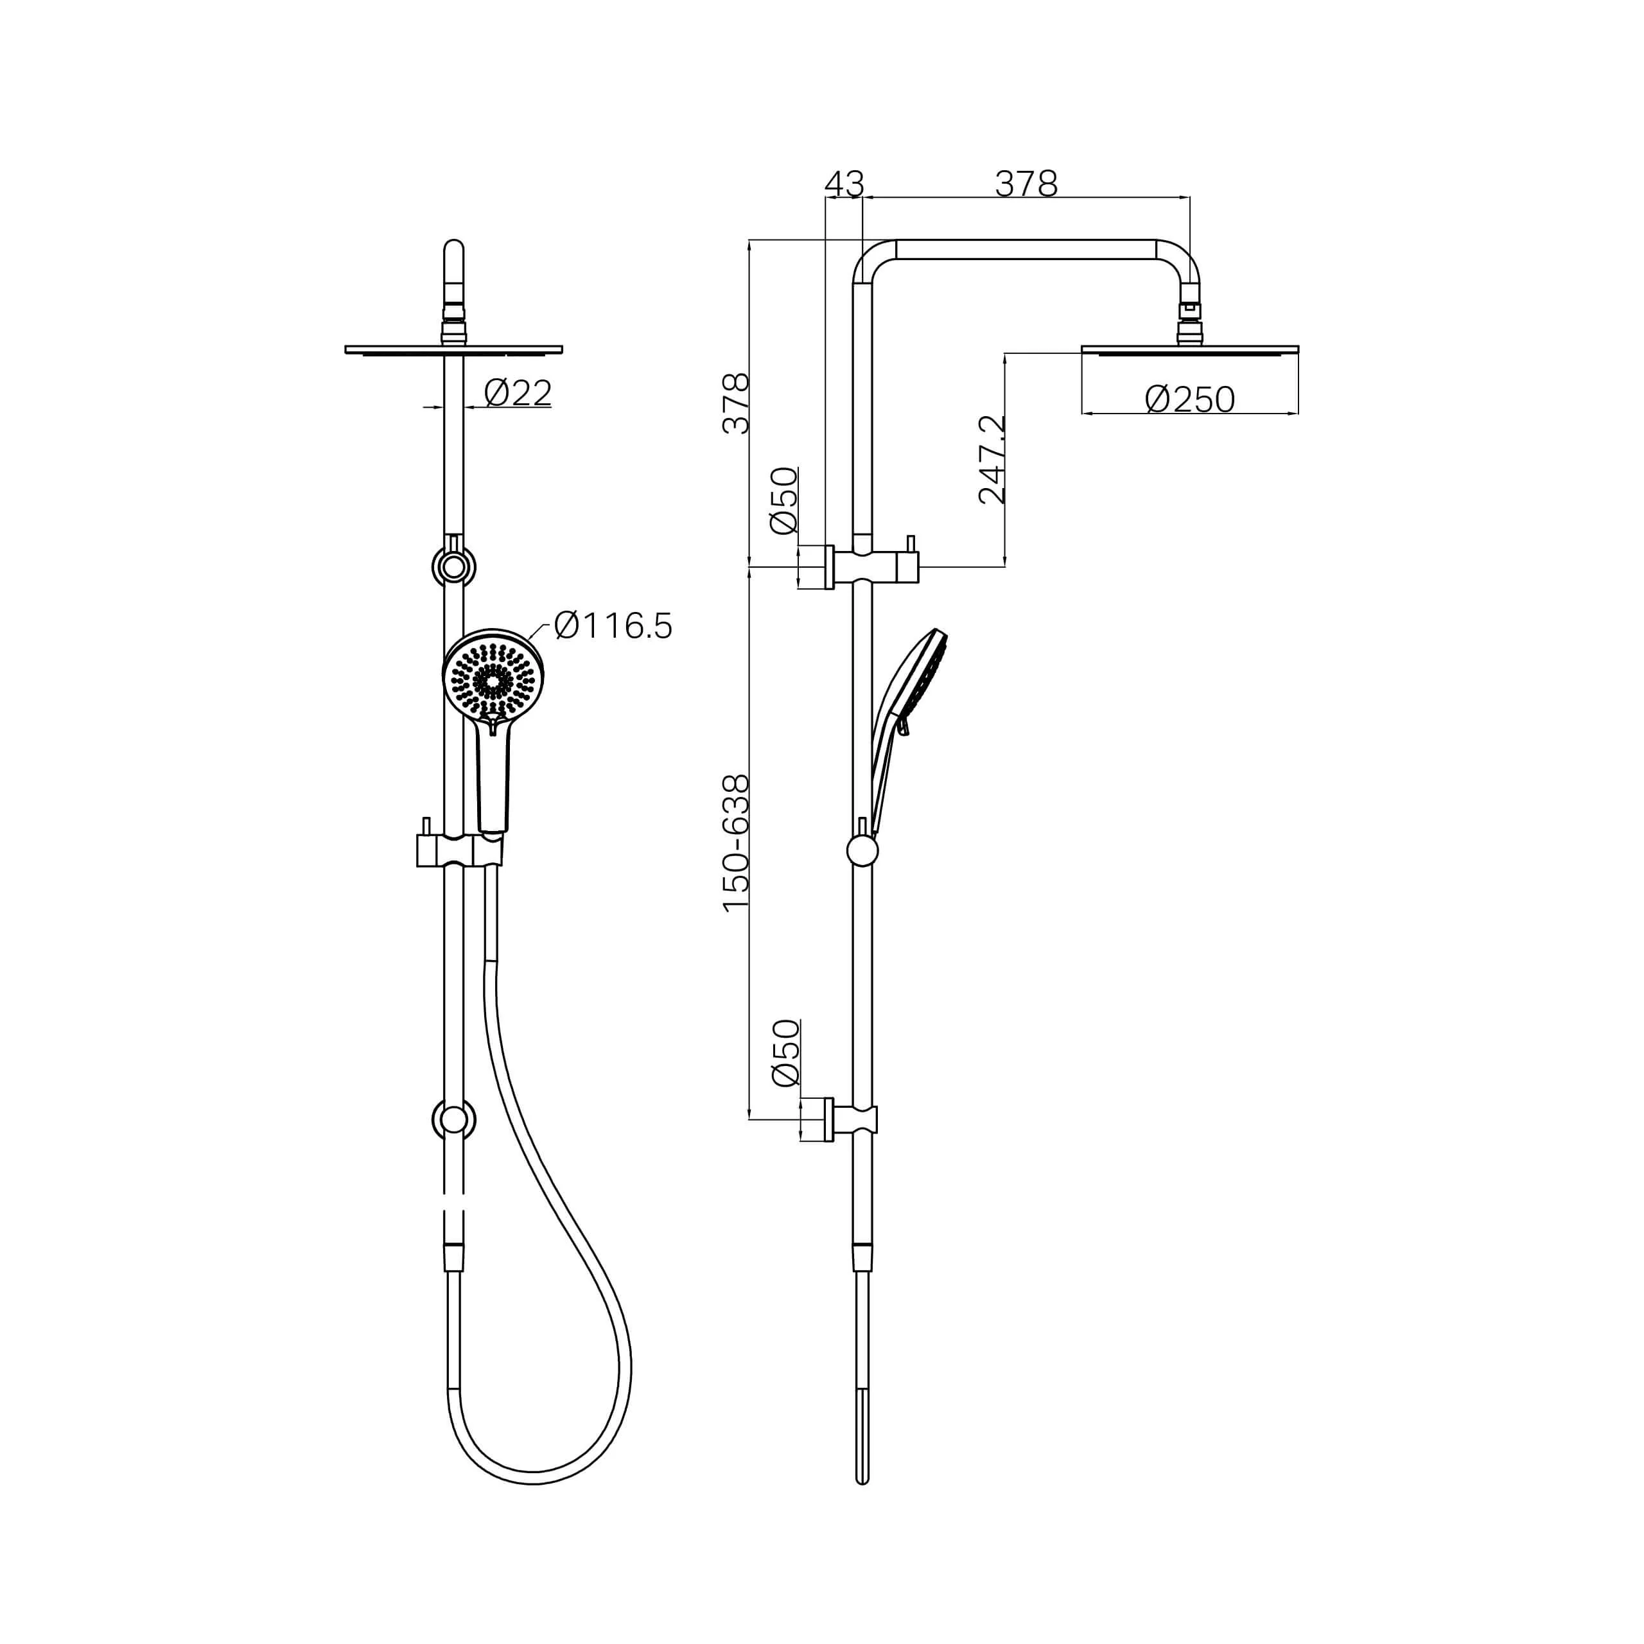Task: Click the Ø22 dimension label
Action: click(x=518, y=392)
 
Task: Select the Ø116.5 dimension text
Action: click(x=613, y=625)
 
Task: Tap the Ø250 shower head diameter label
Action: click(x=1189, y=398)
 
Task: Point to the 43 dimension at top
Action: click(x=844, y=183)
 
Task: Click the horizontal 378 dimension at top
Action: click(x=1026, y=183)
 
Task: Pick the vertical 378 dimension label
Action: click(x=736, y=403)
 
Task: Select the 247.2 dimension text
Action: click(x=992, y=460)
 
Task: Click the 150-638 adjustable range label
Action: click(x=736, y=843)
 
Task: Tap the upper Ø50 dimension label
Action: click(x=783, y=500)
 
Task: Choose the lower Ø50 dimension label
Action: click(x=785, y=1053)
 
